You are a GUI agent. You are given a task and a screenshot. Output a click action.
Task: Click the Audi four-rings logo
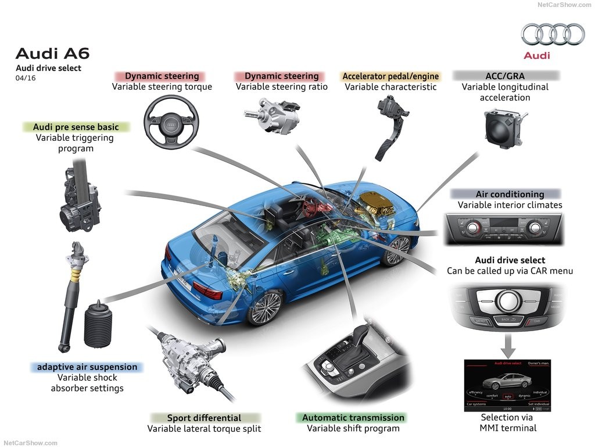[x=553, y=34]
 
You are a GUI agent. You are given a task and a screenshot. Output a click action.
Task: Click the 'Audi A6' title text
[x=52, y=54]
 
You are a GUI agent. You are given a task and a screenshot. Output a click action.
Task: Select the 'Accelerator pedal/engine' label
[x=390, y=76]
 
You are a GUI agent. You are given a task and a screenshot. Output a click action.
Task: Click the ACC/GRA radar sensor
[x=504, y=128]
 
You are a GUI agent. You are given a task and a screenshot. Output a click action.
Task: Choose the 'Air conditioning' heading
[x=510, y=194]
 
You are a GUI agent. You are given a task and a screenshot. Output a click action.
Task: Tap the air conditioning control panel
[x=504, y=228]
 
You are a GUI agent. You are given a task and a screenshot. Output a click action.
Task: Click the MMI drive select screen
[x=507, y=385]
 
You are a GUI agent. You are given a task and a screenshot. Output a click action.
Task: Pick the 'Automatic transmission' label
[x=353, y=417]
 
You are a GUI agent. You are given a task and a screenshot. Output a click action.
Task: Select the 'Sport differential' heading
[x=204, y=418]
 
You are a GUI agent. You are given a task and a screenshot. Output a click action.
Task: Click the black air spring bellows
[x=97, y=324]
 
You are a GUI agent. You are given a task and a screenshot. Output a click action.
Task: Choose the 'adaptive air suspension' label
[x=87, y=367]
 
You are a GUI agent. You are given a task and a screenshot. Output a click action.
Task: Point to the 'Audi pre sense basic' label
[x=76, y=127]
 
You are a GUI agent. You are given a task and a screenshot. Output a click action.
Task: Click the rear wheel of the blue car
[x=265, y=306]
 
